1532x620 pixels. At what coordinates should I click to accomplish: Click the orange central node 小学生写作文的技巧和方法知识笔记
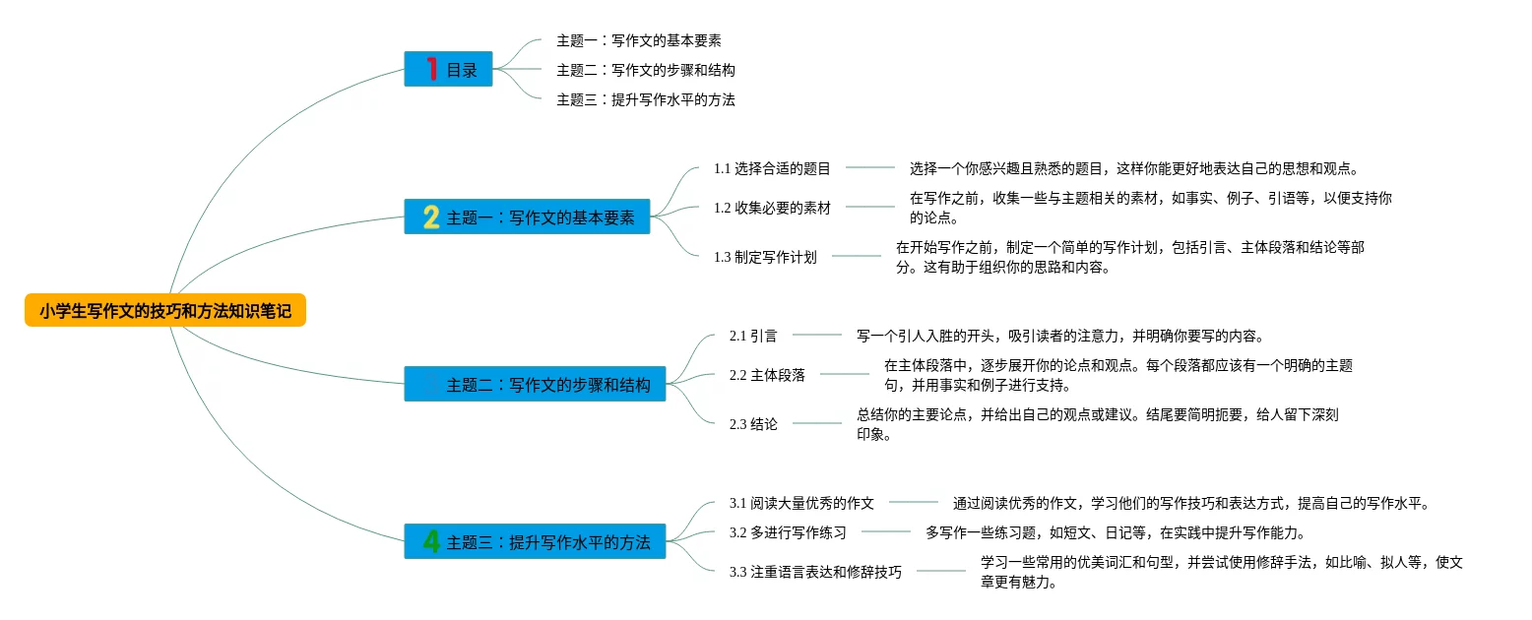(x=165, y=311)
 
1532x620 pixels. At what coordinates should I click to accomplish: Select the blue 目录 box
(x=449, y=69)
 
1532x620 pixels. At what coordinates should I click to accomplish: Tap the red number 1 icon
(x=431, y=69)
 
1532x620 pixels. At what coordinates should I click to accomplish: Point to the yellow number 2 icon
(x=431, y=217)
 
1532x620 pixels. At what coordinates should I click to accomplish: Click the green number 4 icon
(x=431, y=541)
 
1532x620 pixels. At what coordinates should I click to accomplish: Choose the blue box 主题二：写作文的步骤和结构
(x=535, y=384)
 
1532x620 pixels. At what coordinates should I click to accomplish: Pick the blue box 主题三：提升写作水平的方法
(x=535, y=541)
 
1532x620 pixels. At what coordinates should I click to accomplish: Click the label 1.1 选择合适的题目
(x=772, y=168)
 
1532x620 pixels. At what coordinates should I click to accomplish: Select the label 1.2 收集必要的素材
(x=772, y=208)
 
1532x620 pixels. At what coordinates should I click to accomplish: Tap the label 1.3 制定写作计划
(x=765, y=257)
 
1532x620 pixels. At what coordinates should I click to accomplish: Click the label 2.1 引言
(x=753, y=336)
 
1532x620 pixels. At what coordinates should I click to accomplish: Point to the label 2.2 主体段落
(x=767, y=375)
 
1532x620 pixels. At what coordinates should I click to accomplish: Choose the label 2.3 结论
(x=753, y=424)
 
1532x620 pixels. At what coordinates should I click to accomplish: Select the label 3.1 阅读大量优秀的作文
(x=801, y=503)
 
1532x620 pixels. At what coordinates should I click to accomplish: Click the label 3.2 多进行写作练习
(x=788, y=532)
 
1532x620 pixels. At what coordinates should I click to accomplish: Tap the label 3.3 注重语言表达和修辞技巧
(x=815, y=572)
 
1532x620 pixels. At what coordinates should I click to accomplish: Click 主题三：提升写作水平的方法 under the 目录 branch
(x=646, y=99)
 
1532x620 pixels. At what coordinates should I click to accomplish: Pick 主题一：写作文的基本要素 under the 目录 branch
(x=639, y=40)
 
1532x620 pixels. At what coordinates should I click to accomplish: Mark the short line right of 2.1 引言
(x=817, y=336)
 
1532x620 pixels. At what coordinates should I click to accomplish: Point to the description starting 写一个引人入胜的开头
(x=1059, y=336)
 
